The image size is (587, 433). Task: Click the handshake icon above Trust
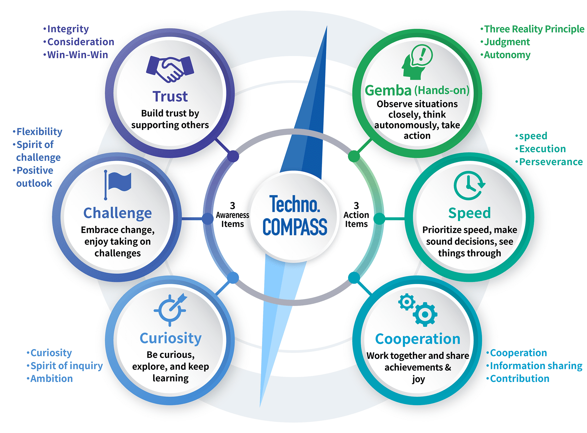170,69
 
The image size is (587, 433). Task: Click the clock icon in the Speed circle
469,185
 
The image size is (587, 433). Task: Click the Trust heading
170,97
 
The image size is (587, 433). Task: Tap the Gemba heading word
388,90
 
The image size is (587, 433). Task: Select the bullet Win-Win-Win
76,55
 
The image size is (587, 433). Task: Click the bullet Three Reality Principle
532,29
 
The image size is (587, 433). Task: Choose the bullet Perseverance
549,162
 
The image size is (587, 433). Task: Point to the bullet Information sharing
534,366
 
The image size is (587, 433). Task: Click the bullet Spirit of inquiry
65,366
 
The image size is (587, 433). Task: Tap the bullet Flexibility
38,132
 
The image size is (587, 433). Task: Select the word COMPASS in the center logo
295,227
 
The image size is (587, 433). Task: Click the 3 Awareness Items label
232,215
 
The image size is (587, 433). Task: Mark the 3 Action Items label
356,215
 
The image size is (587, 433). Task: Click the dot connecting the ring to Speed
379,219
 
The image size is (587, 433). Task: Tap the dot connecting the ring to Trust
233,156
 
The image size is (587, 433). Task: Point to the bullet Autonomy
505,55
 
